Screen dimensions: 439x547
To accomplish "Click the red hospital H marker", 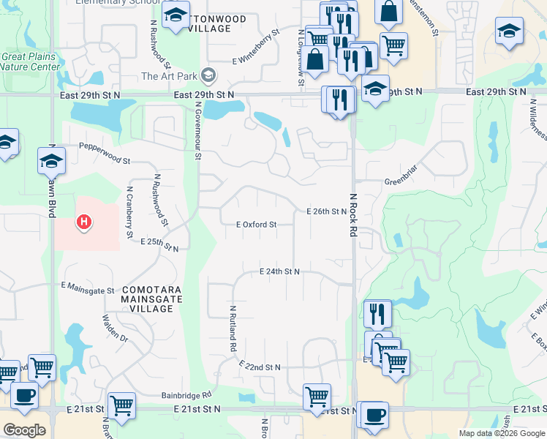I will pyautogui.click(x=85, y=221).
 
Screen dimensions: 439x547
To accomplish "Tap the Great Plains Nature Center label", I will pyautogui.click(x=31, y=61).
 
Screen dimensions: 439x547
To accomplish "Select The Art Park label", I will pyautogui.click(x=169, y=76).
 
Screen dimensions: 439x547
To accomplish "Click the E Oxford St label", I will pyautogui.click(x=256, y=225).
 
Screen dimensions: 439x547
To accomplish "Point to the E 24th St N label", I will pyautogui.click(x=280, y=271).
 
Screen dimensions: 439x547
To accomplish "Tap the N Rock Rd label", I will pyautogui.click(x=352, y=214).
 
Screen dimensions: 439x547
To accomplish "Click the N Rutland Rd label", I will pyautogui.click(x=233, y=329).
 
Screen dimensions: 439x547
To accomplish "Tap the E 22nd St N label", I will pyautogui.click(x=260, y=367).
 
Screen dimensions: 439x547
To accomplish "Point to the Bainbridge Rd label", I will pyautogui.click(x=186, y=395).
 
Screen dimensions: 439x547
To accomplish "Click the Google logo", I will pyautogui.click(x=24, y=429).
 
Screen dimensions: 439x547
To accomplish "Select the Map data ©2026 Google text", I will pyautogui.click(x=501, y=433).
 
